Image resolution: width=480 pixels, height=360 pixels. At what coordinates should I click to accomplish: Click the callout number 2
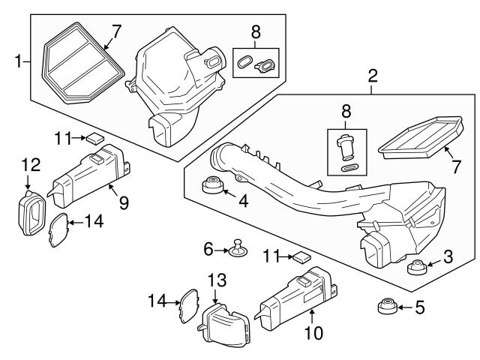[372, 75]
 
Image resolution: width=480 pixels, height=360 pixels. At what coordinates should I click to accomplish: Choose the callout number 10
[309, 331]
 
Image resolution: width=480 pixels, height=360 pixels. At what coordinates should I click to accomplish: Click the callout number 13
[216, 280]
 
